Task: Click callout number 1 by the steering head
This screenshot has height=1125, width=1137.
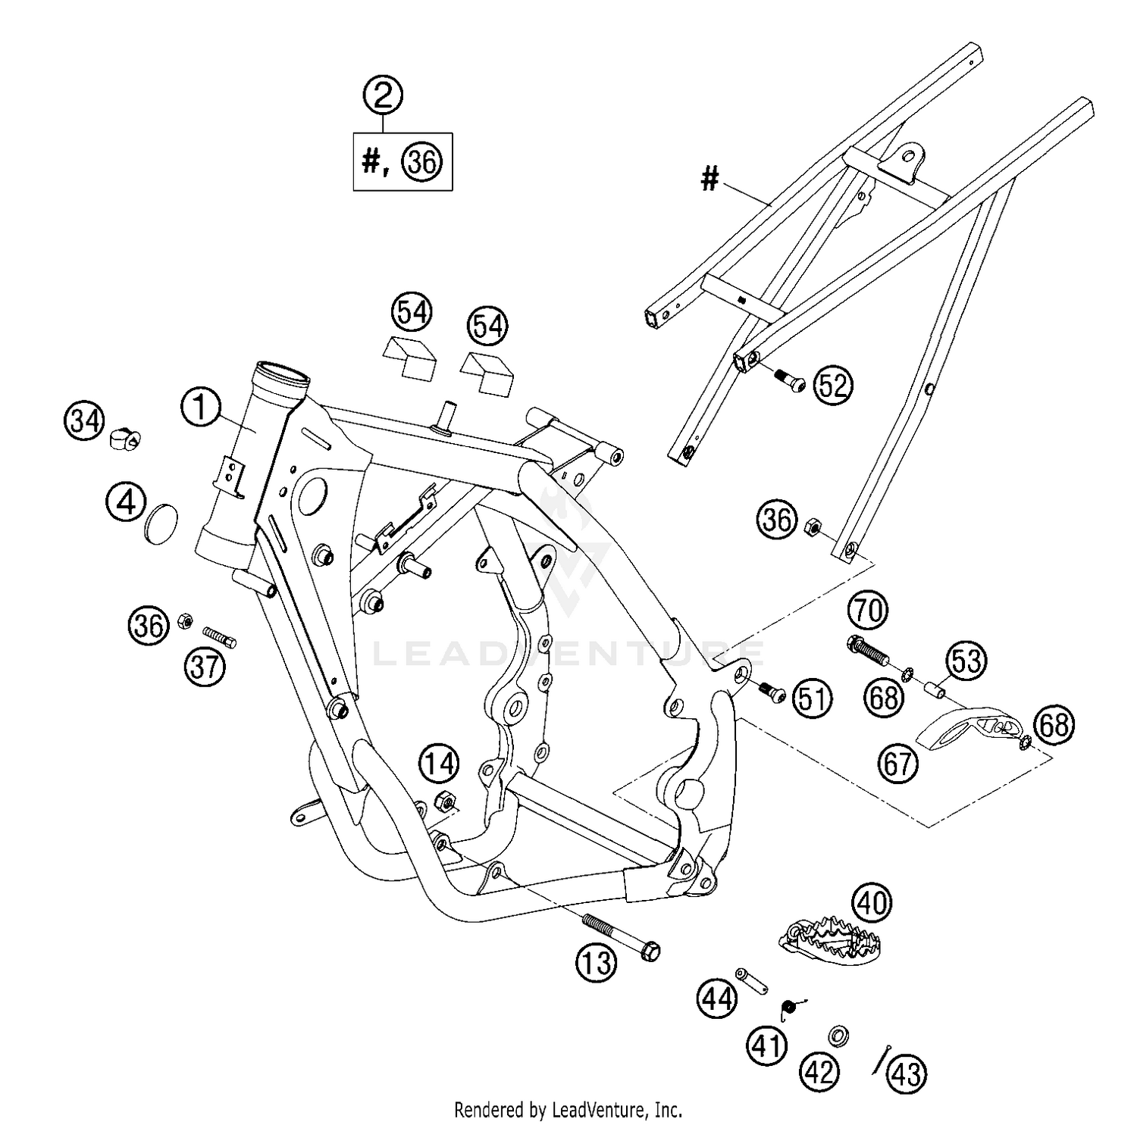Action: (x=199, y=408)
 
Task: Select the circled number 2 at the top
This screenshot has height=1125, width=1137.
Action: (x=383, y=95)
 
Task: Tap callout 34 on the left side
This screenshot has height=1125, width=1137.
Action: (x=83, y=420)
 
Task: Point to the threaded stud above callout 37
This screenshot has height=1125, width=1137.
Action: (x=220, y=636)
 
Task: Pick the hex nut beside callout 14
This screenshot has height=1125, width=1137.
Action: (x=444, y=800)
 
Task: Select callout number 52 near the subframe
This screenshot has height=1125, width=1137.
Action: (x=832, y=386)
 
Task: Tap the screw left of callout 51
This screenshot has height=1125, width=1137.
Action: (x=774, y=691)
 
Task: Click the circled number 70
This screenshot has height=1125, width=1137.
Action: (x=868, y=610)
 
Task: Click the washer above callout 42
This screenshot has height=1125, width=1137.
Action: (x=838, y=1035)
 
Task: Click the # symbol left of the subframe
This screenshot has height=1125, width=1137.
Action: (x=709, y=180)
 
